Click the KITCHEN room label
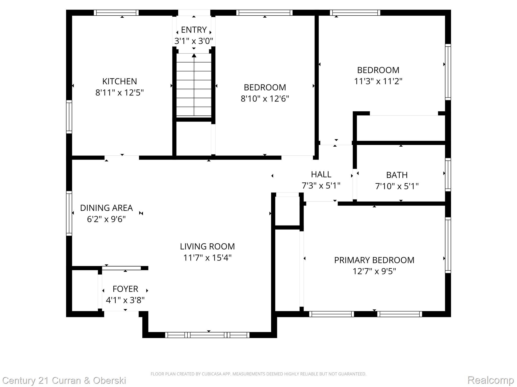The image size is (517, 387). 119,81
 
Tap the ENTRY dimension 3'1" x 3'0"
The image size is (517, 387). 194,41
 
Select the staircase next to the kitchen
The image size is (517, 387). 194,86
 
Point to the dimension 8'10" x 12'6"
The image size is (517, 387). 265,99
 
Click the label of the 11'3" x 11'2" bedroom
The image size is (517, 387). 378,70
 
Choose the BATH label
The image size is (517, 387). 397,175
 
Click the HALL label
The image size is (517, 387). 321,174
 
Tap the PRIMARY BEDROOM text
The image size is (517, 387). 374,260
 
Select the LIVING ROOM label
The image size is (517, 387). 207,246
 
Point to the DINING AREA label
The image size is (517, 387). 106,208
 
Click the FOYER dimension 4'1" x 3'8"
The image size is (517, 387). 125,300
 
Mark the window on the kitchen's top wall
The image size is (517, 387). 116,13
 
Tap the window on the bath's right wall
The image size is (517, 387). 448,174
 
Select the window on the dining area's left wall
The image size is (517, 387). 69,213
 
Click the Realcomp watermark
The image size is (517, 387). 490,380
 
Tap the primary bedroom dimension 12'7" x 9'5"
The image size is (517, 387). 374,271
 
